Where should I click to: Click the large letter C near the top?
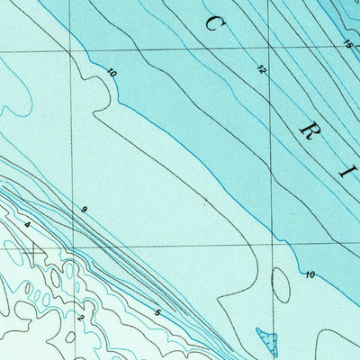coord(213,23)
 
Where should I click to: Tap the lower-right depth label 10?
coord(310,274)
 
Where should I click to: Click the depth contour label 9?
coord(84,210)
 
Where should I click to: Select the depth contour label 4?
coord(28,225)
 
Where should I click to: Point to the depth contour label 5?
coord(157,312)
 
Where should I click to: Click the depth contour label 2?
coord(80,317)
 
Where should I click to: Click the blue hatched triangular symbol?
coord(267,339)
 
